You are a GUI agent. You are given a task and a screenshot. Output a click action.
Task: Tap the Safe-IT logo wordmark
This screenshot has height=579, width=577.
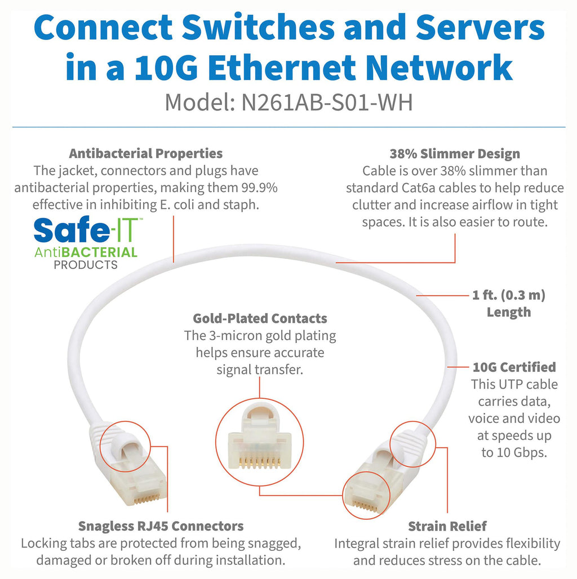coord(87,231)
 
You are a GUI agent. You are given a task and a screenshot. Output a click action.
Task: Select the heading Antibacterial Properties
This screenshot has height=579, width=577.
coord(145,153)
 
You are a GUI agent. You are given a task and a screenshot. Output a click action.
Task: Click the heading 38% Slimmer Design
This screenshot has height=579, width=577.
coord(455,154)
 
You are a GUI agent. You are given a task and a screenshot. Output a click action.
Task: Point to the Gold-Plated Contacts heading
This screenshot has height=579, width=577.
coord(260,318)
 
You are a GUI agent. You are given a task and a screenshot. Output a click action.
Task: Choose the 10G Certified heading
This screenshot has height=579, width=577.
coord(514,367)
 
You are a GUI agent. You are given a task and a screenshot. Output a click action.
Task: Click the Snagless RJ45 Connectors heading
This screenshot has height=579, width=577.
coord(161,526)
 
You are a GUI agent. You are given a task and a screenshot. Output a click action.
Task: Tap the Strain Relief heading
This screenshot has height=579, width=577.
coord(447,526)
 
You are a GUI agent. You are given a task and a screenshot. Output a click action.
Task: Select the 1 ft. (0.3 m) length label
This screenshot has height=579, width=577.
coord(509,296)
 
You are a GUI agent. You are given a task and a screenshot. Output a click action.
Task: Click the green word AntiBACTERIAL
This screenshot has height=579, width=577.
coord(86,252)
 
